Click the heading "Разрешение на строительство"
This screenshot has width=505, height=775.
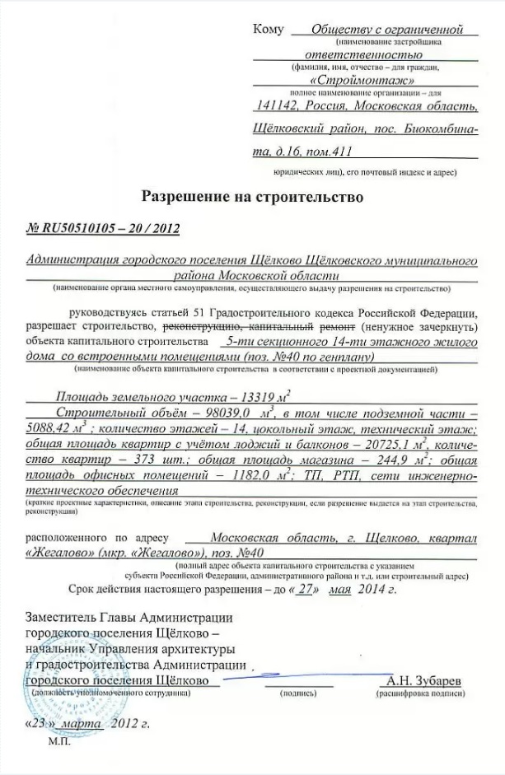click(252, 198)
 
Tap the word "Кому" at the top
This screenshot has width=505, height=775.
click(269, 30)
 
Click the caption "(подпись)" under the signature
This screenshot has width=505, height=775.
click(299, 694)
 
